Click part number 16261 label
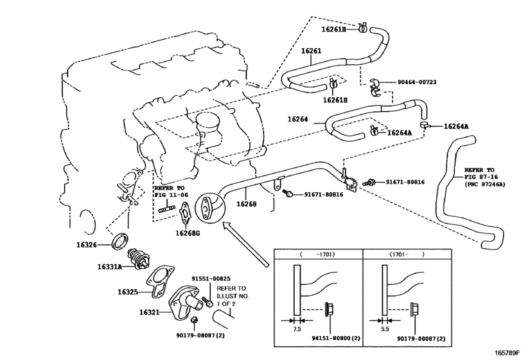click(x=311, y=51)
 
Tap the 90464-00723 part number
click(x=417, y=82)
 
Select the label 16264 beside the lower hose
click(x=297, y=119)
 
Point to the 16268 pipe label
click(x=246, y=204)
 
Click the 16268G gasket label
click(x=188, y=233)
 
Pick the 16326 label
click(x=86, y=245)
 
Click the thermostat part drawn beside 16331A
click(x=139, y=259)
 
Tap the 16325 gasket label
click(x=128, y=292)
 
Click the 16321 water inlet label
click(x=149, y=312)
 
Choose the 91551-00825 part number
click(x=211, y=278)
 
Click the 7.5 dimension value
click(x=297, y=329)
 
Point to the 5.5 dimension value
click(x=385, y=329)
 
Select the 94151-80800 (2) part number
click(x=336, y=338)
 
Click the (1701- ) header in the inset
click(x=407, y=255)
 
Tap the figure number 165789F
click(x=508, y=352)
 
